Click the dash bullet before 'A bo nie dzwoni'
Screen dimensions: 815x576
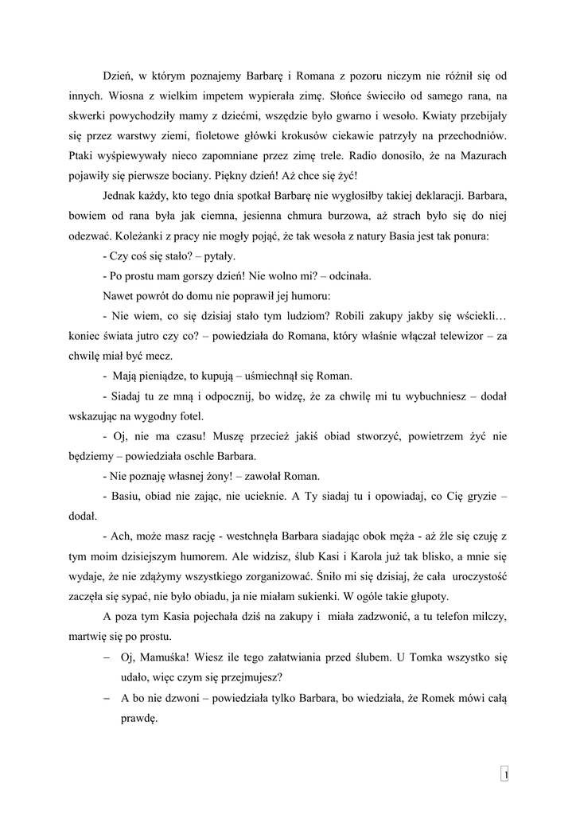(x=107, y=697)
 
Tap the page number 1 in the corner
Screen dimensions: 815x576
(x=505, y=774)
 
